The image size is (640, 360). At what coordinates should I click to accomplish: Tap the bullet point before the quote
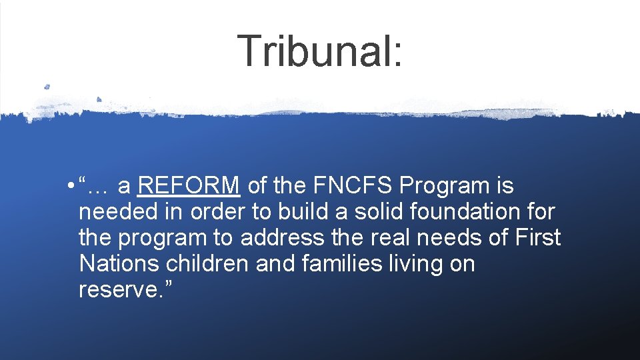(70, 186)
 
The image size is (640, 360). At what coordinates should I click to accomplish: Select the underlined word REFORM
(188, 185)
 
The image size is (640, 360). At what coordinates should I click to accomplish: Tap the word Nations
(119, 263)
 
